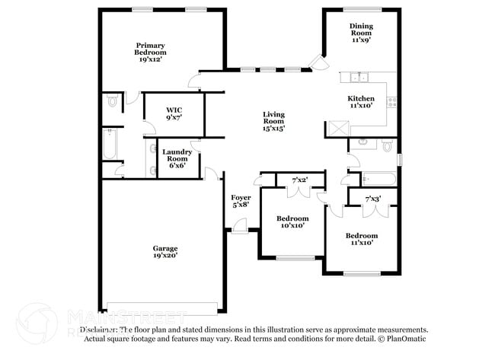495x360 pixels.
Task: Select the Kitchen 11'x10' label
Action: click(x=361, y=102)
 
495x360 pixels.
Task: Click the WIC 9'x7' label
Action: click(x=174, y=114)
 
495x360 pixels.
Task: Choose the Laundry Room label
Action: click(x=177, y=158)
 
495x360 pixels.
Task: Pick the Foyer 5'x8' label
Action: click(x=241, y=201)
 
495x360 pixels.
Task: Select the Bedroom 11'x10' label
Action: click(x=362, y=239)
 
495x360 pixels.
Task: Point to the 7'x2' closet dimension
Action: click(x=300, y=180)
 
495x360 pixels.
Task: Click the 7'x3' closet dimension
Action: click(x=372, y=199)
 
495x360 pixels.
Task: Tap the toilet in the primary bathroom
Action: click(x=113, y=100)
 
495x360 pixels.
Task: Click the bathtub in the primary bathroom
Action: click(x=110, y=145)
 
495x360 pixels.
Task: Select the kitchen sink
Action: click(x=359, y=77)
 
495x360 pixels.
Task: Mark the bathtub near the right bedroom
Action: click(x=379, y=180)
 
